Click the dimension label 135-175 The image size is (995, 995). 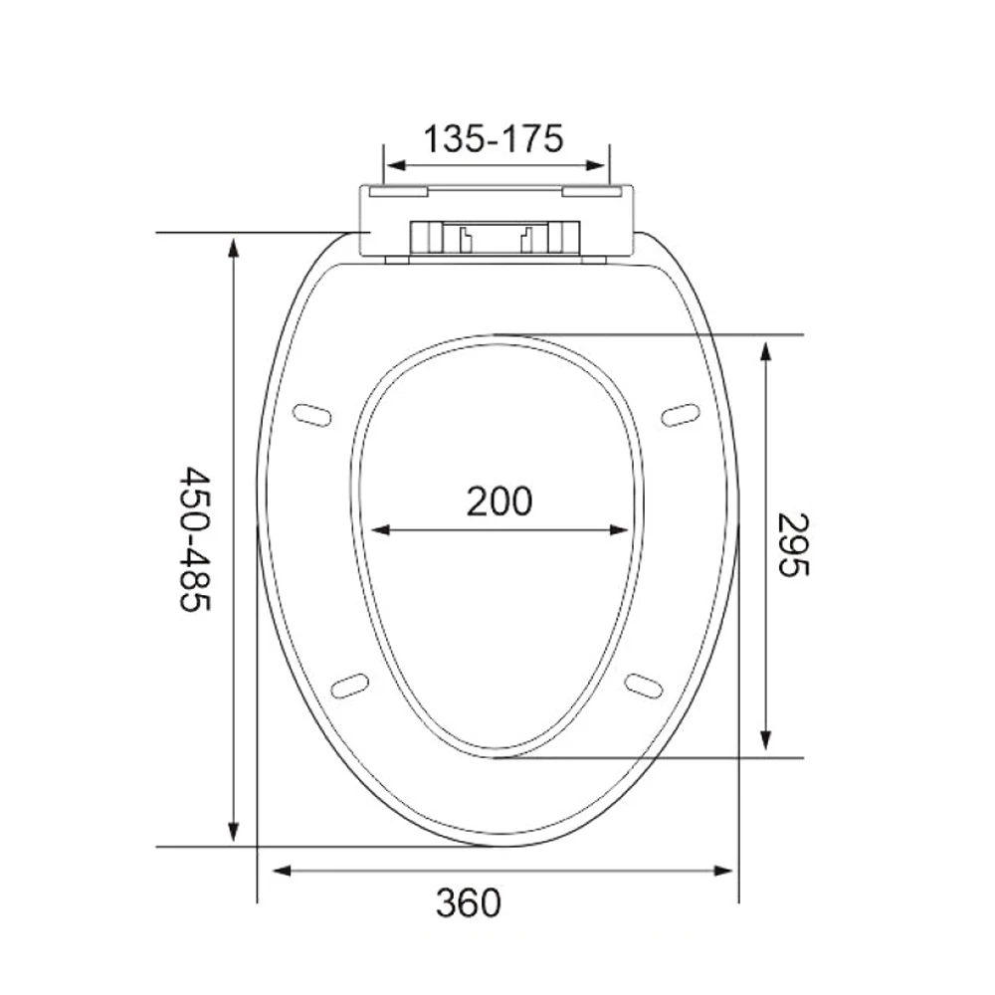pos(494,138)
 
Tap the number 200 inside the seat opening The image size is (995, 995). pos(499,500)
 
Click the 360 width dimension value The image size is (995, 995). pos(468,902)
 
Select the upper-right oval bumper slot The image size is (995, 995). pos(681,414)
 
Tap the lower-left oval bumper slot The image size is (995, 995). pos(348,685)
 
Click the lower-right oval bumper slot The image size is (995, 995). pos(644,685)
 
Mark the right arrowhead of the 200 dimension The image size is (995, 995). pos(621,530)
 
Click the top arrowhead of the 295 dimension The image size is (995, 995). pos(765,350)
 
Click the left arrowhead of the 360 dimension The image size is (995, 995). pos(281,871)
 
